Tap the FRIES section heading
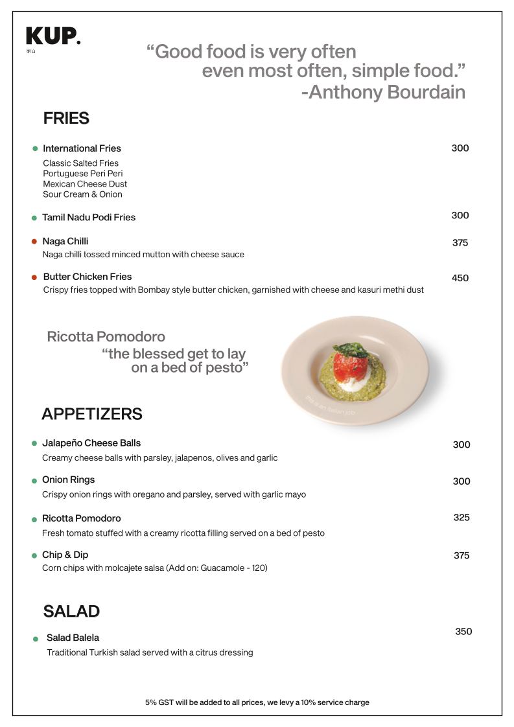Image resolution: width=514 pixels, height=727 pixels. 66,119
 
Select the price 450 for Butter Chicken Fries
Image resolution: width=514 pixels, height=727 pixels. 460,278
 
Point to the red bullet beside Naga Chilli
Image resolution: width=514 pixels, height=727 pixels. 34,242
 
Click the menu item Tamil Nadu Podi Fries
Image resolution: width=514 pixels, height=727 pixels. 89,217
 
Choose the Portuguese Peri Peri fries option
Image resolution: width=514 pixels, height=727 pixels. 83,174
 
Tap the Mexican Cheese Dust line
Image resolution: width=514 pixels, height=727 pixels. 85,184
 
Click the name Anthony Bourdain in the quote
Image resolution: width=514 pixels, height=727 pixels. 387,92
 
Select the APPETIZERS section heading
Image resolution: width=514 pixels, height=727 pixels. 92,413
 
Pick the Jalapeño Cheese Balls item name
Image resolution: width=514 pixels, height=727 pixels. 91,443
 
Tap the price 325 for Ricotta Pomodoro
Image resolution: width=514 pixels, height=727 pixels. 461,518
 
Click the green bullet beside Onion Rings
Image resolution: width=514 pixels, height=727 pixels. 34,481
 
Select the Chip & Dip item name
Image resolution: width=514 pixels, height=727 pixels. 65,555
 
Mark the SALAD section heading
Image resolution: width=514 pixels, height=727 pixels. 71,611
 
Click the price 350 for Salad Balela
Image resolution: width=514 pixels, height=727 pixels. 463,632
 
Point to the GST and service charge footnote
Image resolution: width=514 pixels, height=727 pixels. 257,702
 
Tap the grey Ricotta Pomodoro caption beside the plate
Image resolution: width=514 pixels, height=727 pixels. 106,337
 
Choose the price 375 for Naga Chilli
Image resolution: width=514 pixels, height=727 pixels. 460,243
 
